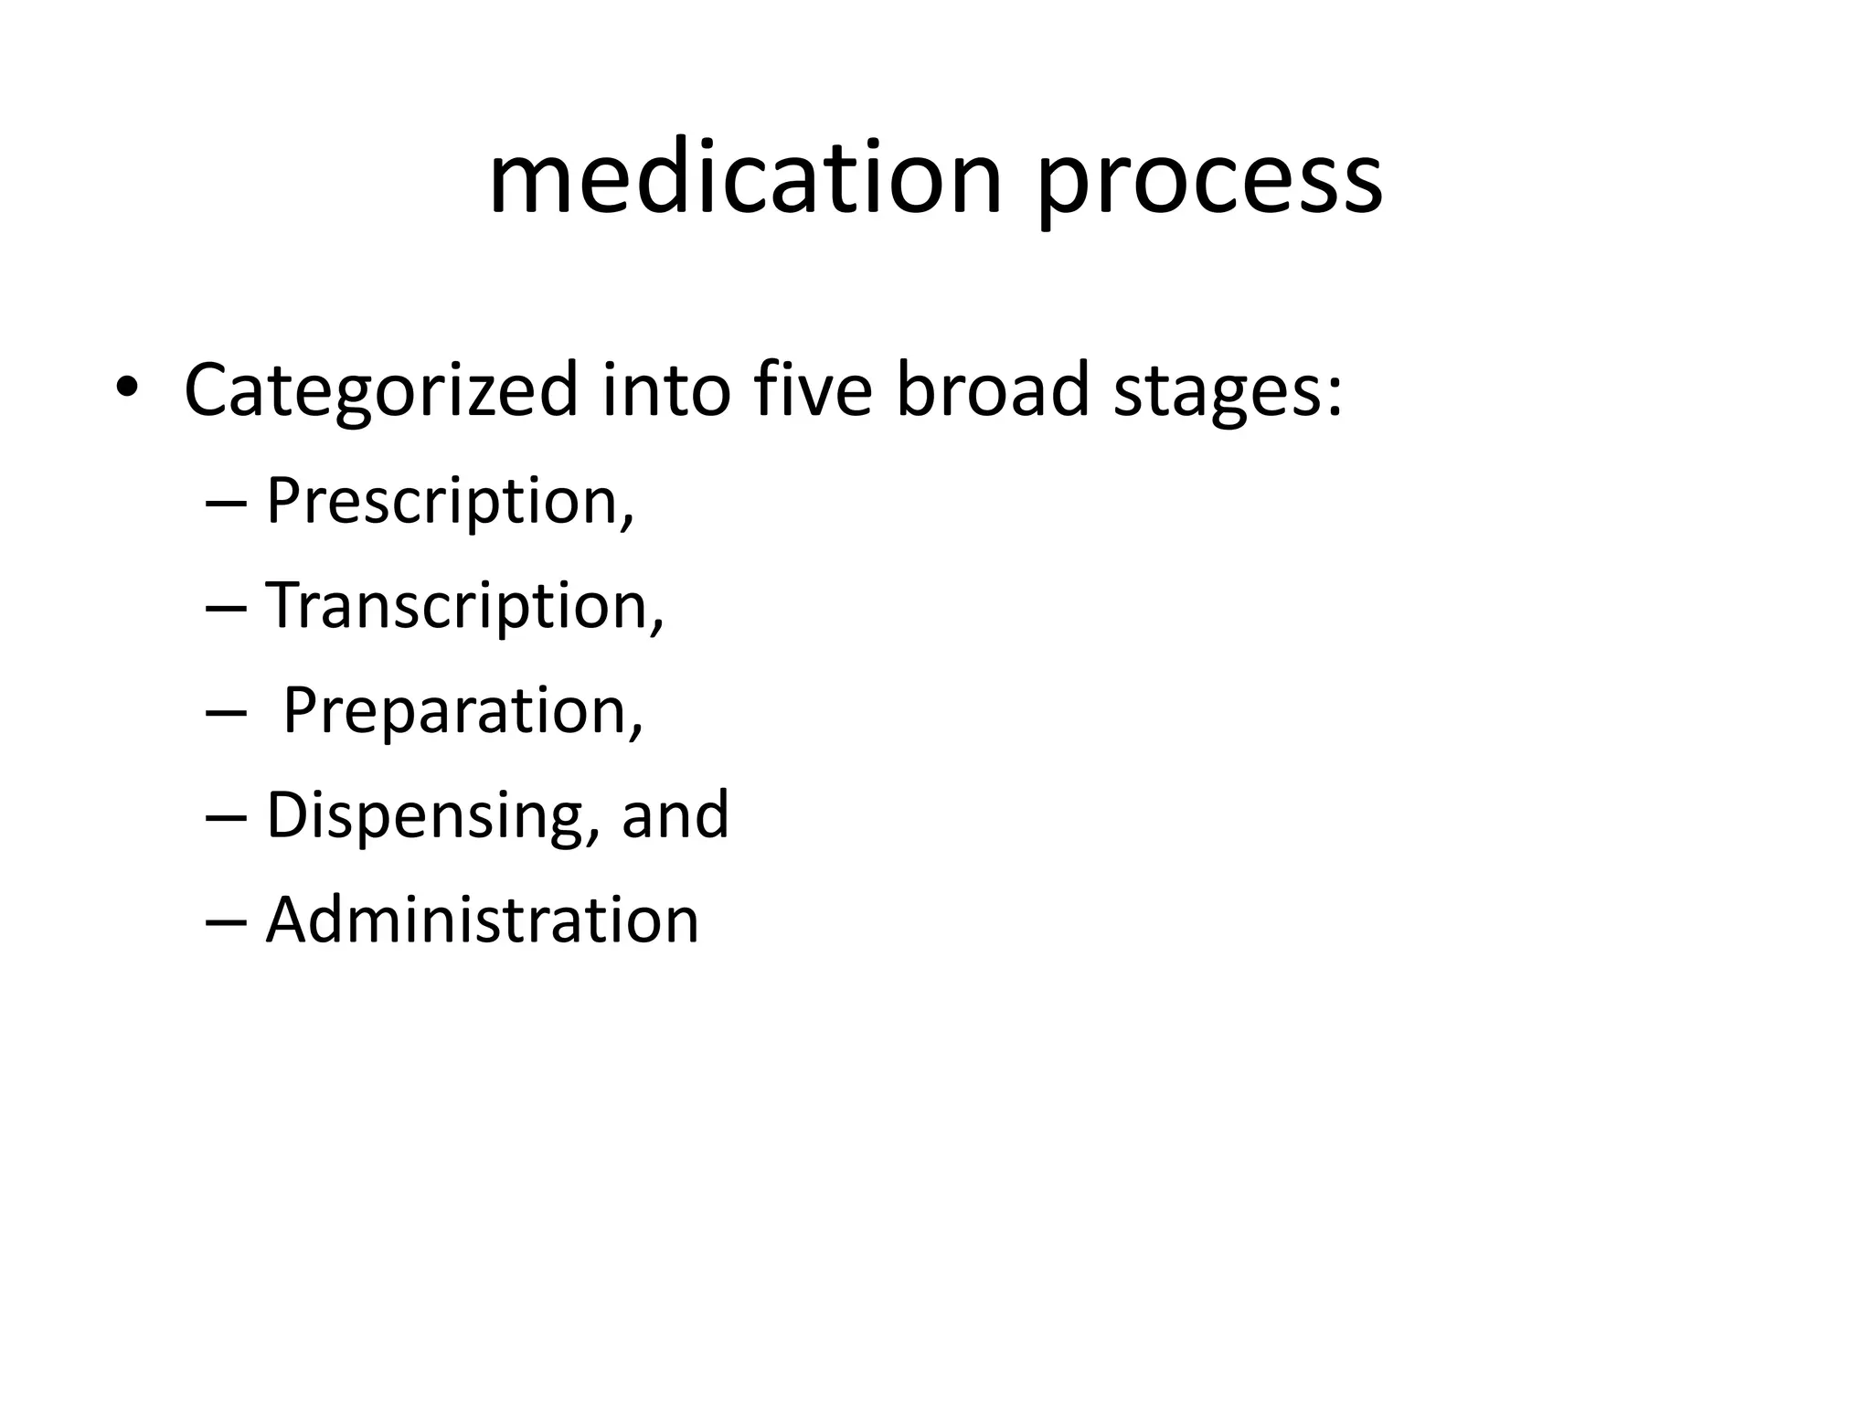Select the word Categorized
381,391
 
